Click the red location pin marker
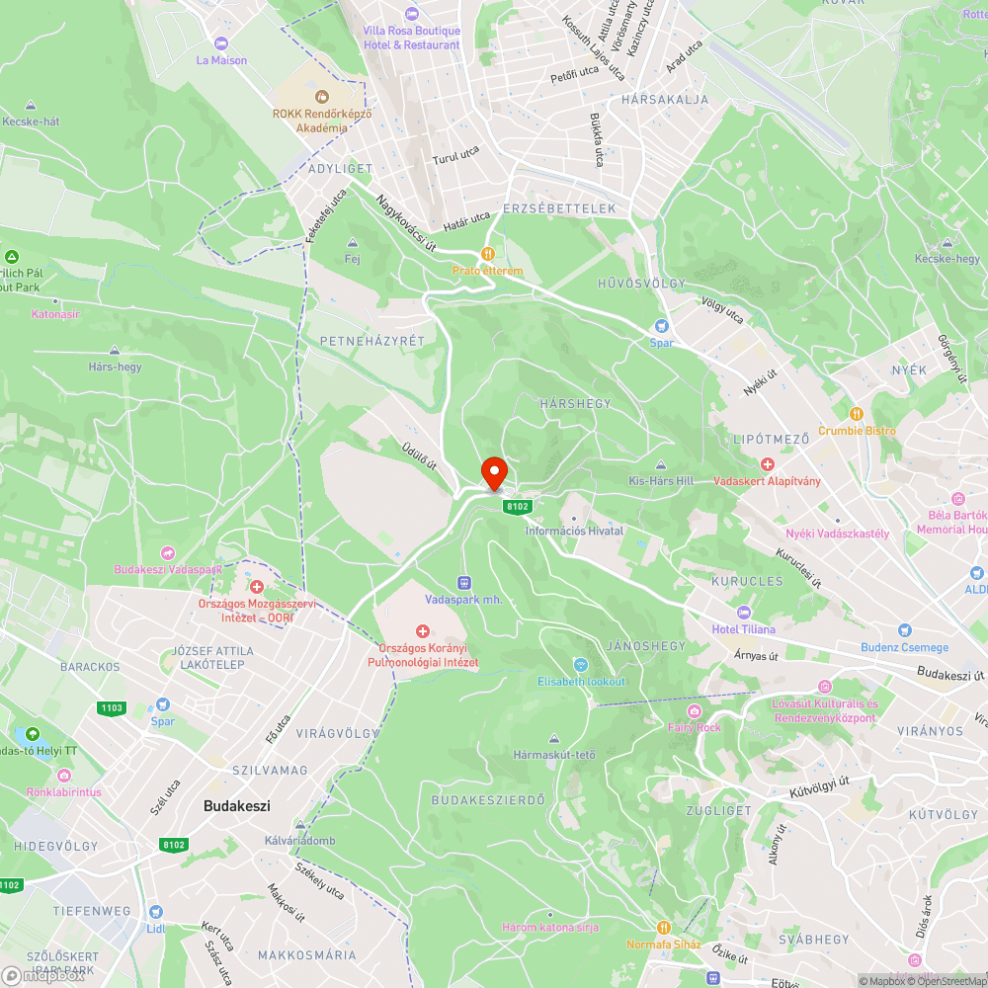pyautogui.click(x=493, y=472)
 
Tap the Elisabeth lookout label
pyautogui.click(x=582, y=682)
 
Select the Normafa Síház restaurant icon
pyautogui.click(x=663, y=928)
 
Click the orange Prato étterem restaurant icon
pyautogui.click(x=486, y=253)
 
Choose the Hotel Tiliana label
pyautogui.click(x=744, y=629)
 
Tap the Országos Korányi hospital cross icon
pyautogui.click(x=423, y=630)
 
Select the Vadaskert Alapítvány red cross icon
pyautogui.click(x=767, y=463)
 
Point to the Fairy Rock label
pyautogui.click(x=695, y=727)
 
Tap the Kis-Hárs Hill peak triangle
pyautogui.click(x=661, y=465)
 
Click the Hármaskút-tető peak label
pyautogui.click(x=554, y=755)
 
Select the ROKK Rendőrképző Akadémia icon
pyautogui.click(x=321, y=96)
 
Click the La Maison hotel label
pyautogui.click(x=221, y=60)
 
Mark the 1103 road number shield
pyautogui.click(x=112, y=707)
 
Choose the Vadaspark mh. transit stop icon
pyautogui.click(x=463, y=583)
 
